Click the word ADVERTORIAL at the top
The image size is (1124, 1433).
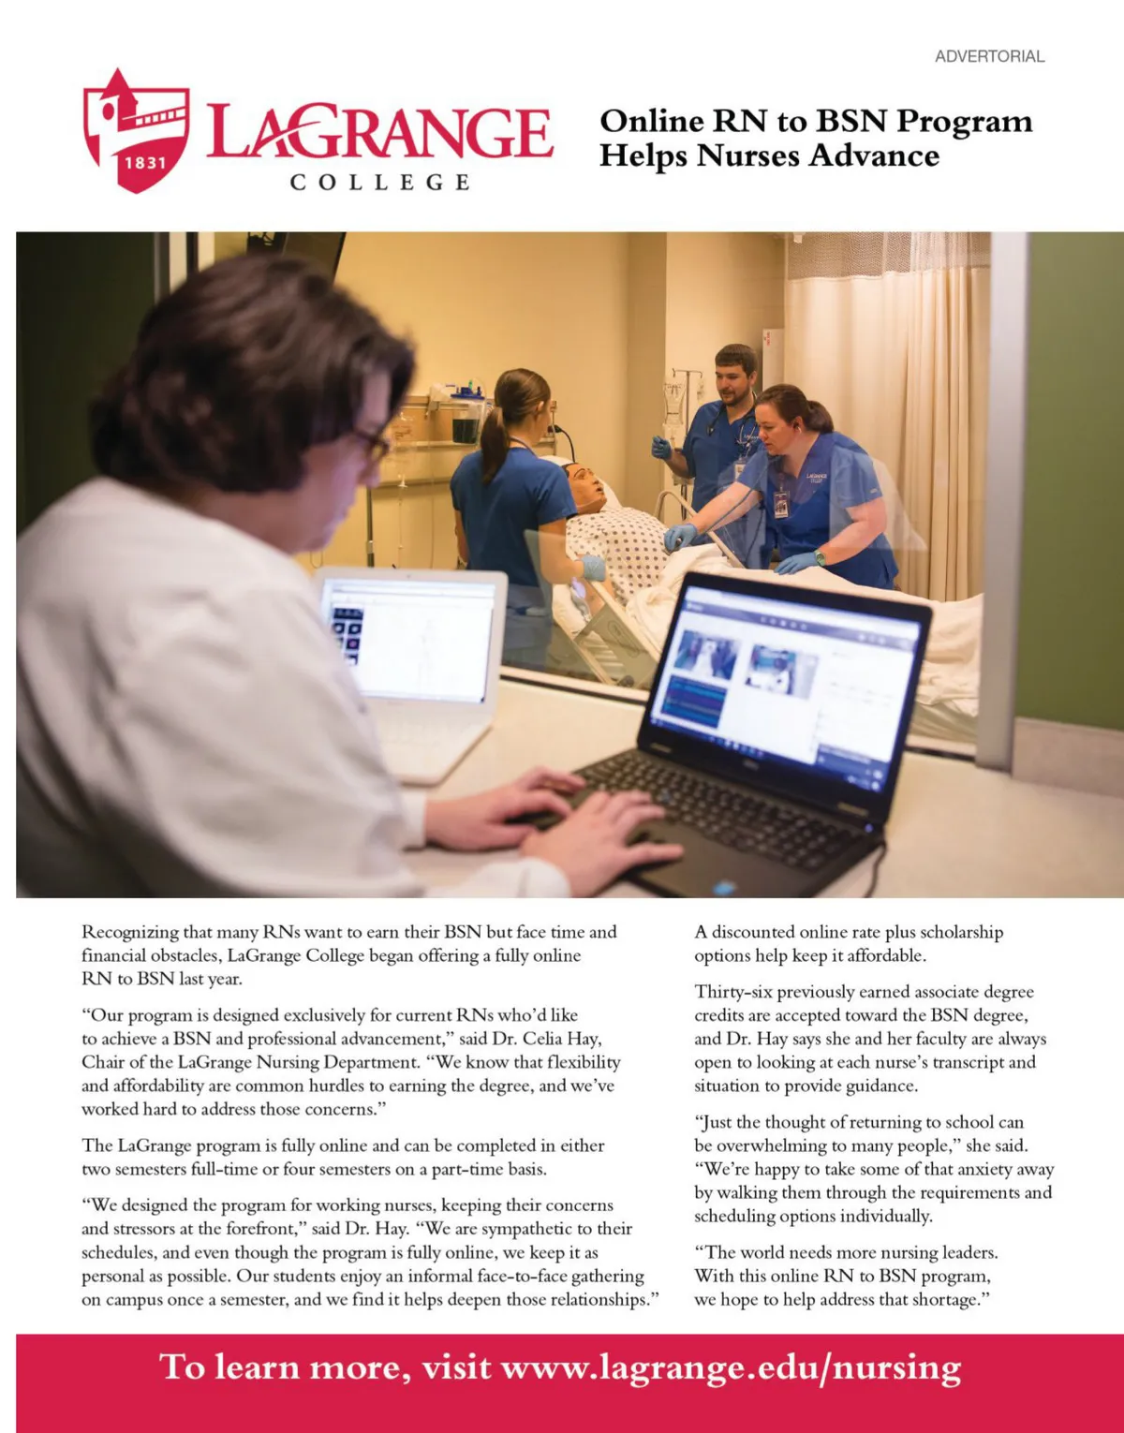point(989,56)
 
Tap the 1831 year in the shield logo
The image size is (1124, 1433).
point(145,162)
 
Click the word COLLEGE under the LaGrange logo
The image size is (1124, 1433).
point(379,182)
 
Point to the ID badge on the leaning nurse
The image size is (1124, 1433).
point(781,502)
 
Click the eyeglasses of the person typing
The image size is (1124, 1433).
point(373,443)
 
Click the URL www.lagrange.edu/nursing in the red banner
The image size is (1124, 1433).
point(731,1367)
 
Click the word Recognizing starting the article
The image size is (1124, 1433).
point(129,932)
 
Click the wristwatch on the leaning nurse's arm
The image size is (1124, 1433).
point(821,558)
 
